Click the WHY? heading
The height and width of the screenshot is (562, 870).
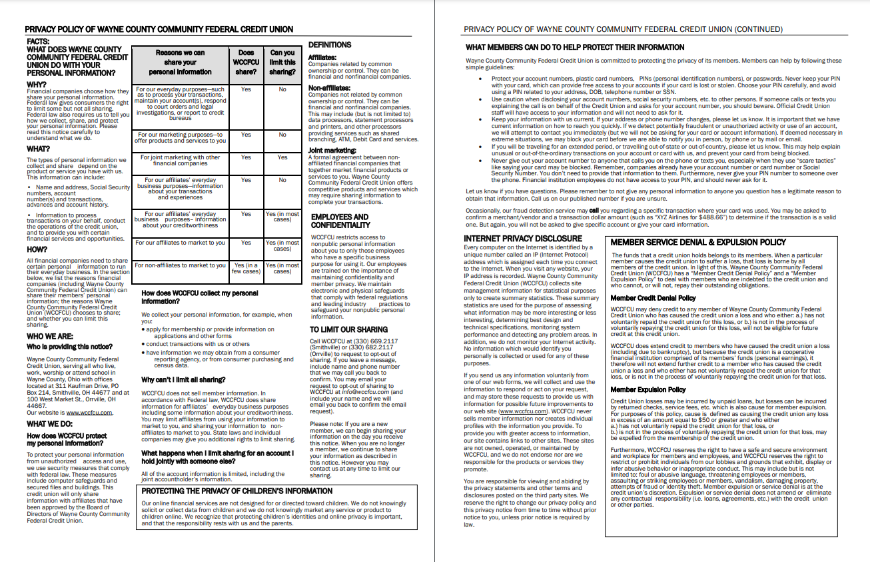click(37, 85)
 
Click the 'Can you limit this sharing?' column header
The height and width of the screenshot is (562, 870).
click(282, 62)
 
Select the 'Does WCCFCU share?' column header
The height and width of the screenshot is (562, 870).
click(246, 62)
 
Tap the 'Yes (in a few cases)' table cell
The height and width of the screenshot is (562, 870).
click(246, 268)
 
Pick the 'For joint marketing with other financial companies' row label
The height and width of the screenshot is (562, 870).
click(180, 161)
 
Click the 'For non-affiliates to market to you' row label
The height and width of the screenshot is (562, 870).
click(180, 265)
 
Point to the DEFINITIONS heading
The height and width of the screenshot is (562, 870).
click(330, 45)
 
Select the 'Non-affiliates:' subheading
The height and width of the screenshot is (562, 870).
click(329, 87)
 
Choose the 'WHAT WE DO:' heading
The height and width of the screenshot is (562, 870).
click(50, 424)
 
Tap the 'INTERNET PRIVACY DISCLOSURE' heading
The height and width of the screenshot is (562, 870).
click(523, 238)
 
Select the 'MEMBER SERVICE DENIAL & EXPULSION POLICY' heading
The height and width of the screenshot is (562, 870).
click(698, 242)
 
